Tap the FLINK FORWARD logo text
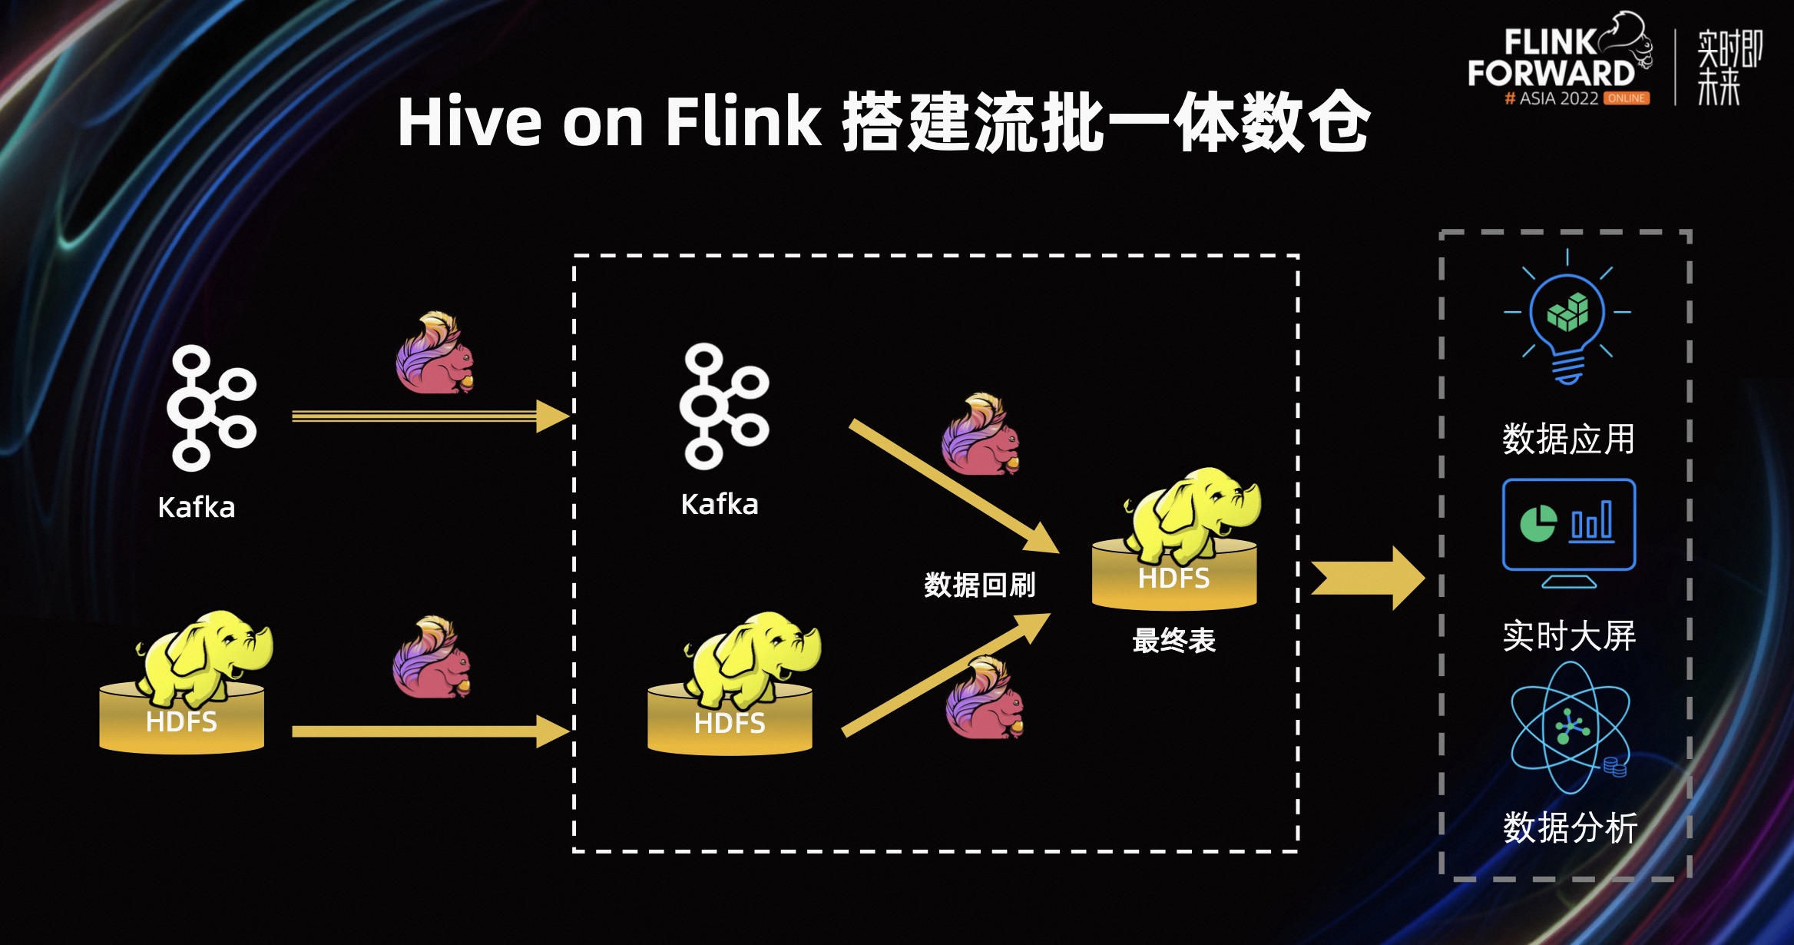click(1551, 58)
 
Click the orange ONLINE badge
click(1627, 98)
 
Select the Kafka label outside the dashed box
click(196, 508)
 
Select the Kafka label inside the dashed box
click(720, 505)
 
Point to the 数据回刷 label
click(979, 585)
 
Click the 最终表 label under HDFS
click(1173, 640)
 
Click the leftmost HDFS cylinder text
click(181, 722)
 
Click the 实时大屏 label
click(1569, 636)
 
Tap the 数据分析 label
click(1570, 828)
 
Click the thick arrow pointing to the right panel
click(1367, 579)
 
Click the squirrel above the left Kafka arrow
click(435, 353)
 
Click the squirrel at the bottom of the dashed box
click(985, 700)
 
